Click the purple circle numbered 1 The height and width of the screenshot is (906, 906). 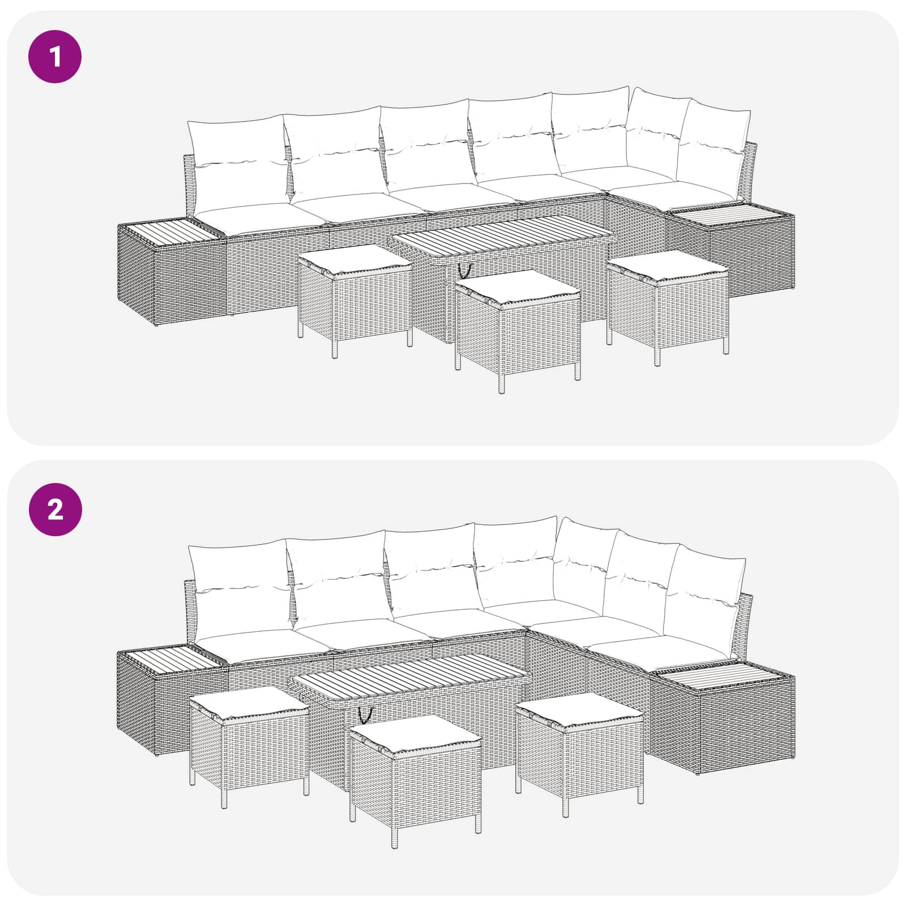tap(55, 57)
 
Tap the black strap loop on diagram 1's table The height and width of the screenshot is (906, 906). tap(465, 271)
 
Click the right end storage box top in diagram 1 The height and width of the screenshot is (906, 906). tap(730, 216)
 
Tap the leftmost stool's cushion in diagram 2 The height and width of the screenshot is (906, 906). tap(249, 702)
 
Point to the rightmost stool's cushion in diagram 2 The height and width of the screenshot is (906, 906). tap(579, 709)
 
